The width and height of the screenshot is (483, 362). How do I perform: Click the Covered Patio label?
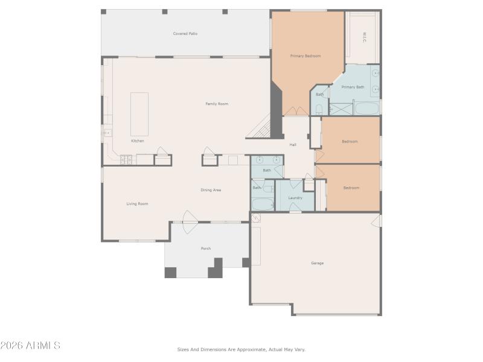[185, 34]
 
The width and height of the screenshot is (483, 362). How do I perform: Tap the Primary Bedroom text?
[305, 56]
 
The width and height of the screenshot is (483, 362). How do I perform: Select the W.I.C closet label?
[365, 37]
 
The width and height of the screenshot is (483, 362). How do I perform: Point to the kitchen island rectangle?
[139, 114]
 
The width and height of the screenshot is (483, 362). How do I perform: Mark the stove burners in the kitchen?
[126, 160]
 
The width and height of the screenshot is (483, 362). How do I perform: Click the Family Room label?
[216, 104]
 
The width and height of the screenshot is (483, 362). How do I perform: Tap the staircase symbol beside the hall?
[261, 128]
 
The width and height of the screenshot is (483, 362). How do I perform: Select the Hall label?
[293, 145]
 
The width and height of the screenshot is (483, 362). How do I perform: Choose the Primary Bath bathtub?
[366, 109]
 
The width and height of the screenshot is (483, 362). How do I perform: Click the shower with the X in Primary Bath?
[339, 109]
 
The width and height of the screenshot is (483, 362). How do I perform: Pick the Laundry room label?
[295, 198]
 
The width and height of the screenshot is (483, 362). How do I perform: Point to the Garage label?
[317, 263]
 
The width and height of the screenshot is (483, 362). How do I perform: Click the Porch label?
[206, 249]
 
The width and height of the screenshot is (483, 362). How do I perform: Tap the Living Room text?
[137, 204]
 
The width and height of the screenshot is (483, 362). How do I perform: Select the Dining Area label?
[211, 190]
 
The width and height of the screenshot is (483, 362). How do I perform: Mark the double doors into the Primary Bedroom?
[295, 111]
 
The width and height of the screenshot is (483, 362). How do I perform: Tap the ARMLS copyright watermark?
[30, 346]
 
